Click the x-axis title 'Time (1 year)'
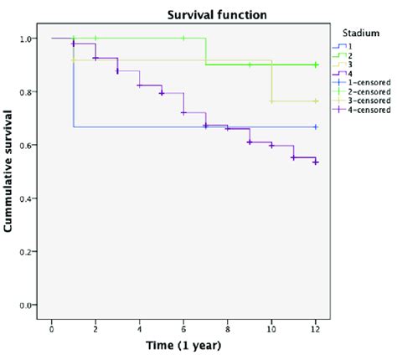pyautogui.click(x=183, y=346)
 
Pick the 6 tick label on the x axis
pyautogui.click(x=183, y=323)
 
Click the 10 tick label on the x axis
pyautogui.click(x=271, y=323)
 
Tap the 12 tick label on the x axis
pyautogui.click(x=315, y=323)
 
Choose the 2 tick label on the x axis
pyautogui.click(x=95, y=323)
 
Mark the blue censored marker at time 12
pyautogui.click(x=315, y=126)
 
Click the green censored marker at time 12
pyautogui.click(x=315, y=64)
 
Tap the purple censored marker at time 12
pyautogui.click(x=315, y=162)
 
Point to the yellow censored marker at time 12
pyautogui.click(x=315, y=100)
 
